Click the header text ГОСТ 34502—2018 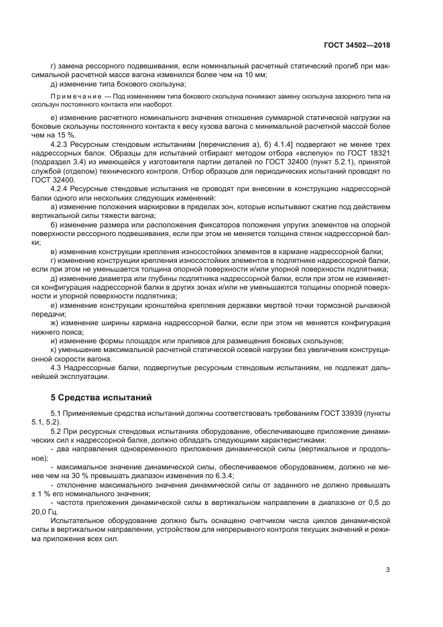356,45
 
